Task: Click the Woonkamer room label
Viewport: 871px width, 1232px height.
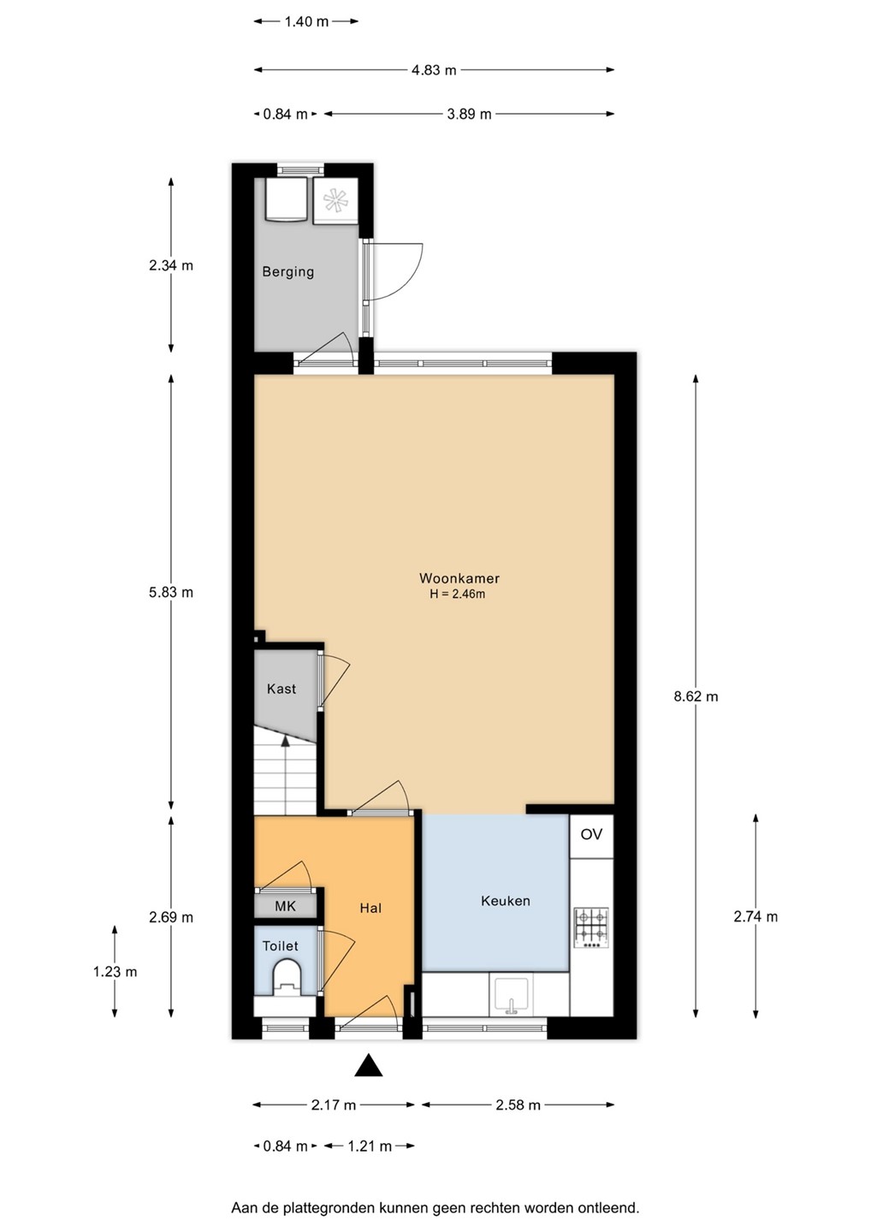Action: pyautogui.click(x=459, y=578)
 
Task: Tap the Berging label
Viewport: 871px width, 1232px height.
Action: pyautogui.click(x=287, y=272)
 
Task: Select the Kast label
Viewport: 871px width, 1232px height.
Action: pyautogui.click(x=281, y=689)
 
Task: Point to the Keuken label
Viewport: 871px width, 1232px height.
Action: pyautogui.click(x=506, y=901)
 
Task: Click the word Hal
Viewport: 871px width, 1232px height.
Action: pyautogui.click(x=370, y=908)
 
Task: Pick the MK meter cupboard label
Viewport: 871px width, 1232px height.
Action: pyautogui.click(x=285, y=906)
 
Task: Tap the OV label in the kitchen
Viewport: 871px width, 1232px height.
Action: pyautogui.click(x=591, y=834)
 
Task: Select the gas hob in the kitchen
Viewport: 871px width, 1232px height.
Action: pyautogui.click(x=591, y=927)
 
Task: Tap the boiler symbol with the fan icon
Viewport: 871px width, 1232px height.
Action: pyautogui.click(x=335, y=200)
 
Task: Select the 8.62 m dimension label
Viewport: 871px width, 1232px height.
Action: pyautogui.click(x=696, y=696)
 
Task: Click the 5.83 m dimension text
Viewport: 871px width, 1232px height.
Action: pyautogui.click(x=171, y=592)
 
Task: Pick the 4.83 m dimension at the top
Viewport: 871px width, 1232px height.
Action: pyautogui.click(x=434, y=70)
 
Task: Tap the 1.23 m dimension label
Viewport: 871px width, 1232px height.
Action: pyautogui.click(x=115, y=972)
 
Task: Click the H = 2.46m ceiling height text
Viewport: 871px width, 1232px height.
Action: pyautogui.click(x=458, y=594)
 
